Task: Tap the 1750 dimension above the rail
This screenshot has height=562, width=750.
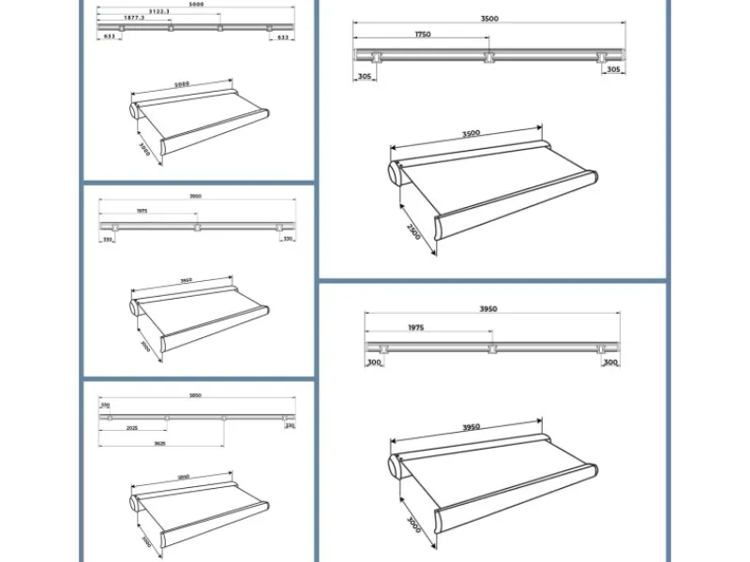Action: (421, 35)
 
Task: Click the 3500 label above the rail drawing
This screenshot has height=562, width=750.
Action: (487, 19)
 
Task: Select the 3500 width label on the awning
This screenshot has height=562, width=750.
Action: (471, 134)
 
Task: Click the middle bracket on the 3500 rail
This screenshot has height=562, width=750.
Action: (488, 58)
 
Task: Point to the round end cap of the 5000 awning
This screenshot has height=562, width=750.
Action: (134, 111)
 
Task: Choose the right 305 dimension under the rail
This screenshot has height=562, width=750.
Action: (612, 69)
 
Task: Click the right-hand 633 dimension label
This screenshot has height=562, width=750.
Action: (283, 36)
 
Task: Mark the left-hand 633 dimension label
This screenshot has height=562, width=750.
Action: (110, 36)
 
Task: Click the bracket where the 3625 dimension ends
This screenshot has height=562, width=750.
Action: (223, 418)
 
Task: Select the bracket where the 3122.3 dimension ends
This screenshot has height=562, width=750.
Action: (219, 28)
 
